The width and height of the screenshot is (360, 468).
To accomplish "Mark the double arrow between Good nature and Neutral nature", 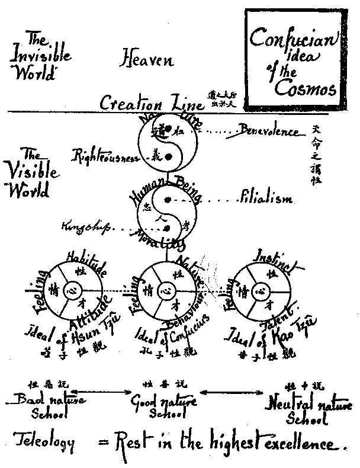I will (227, 392).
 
